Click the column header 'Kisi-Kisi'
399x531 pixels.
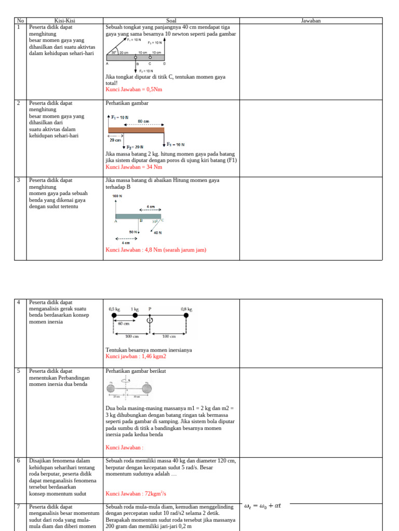(x=65, y=21)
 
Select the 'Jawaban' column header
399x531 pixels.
(x=311, y=21)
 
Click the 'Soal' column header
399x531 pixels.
(x=171, y=21)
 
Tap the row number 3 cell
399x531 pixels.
(x=18, y=180)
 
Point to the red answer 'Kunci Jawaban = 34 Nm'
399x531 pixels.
(x=134, y=167)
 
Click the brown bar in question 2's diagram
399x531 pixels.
(x=136, y=131)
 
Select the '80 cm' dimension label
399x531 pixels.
(x=144, y=121)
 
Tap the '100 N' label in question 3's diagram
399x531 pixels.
(x=117, y=196)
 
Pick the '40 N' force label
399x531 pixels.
(x=157, y=233)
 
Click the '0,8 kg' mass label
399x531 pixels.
(x=187, y=309)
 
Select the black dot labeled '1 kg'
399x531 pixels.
(x=135, y=315)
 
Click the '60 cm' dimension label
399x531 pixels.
(x=123, y=323)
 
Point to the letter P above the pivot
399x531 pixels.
(x=150, y=309)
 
